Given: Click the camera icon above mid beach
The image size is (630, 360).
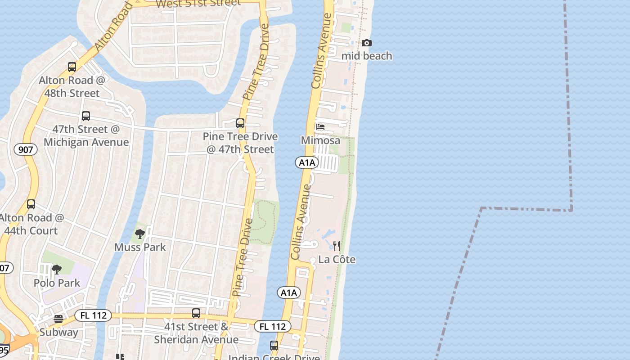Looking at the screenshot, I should point(367,43).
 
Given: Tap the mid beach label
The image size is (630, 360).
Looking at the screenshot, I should point(367,56).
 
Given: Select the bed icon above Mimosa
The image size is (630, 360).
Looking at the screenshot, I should point(320,127).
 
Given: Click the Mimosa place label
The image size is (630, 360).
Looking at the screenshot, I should point(320,140).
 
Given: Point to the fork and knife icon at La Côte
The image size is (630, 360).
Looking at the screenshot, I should point(336,246).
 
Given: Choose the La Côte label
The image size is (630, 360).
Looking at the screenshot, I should point(337,260).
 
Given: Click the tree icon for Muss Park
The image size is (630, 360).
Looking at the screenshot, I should point(140,234).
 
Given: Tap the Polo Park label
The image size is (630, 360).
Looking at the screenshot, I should point(57,283).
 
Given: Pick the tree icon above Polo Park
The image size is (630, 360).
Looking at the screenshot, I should point(57,270).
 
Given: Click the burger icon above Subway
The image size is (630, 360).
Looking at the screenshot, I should point(58,319).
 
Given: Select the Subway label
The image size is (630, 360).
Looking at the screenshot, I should point(59,333).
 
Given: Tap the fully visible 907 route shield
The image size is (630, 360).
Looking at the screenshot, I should point(25,149).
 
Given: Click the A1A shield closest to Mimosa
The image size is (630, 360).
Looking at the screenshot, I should point(307,162).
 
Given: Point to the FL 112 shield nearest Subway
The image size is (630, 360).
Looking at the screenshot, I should point(93,315).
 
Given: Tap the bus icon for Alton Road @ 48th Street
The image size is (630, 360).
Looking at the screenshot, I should point(72,67).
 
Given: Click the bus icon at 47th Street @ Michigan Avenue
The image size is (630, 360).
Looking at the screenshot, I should point(86,116).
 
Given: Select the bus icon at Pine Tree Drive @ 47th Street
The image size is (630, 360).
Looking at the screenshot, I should point(240,123).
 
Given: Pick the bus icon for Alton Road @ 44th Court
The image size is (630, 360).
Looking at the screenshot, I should point(31,204).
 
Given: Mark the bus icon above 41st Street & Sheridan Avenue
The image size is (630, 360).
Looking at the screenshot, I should point(196,313).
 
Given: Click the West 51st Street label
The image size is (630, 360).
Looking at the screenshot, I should point(198,3).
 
